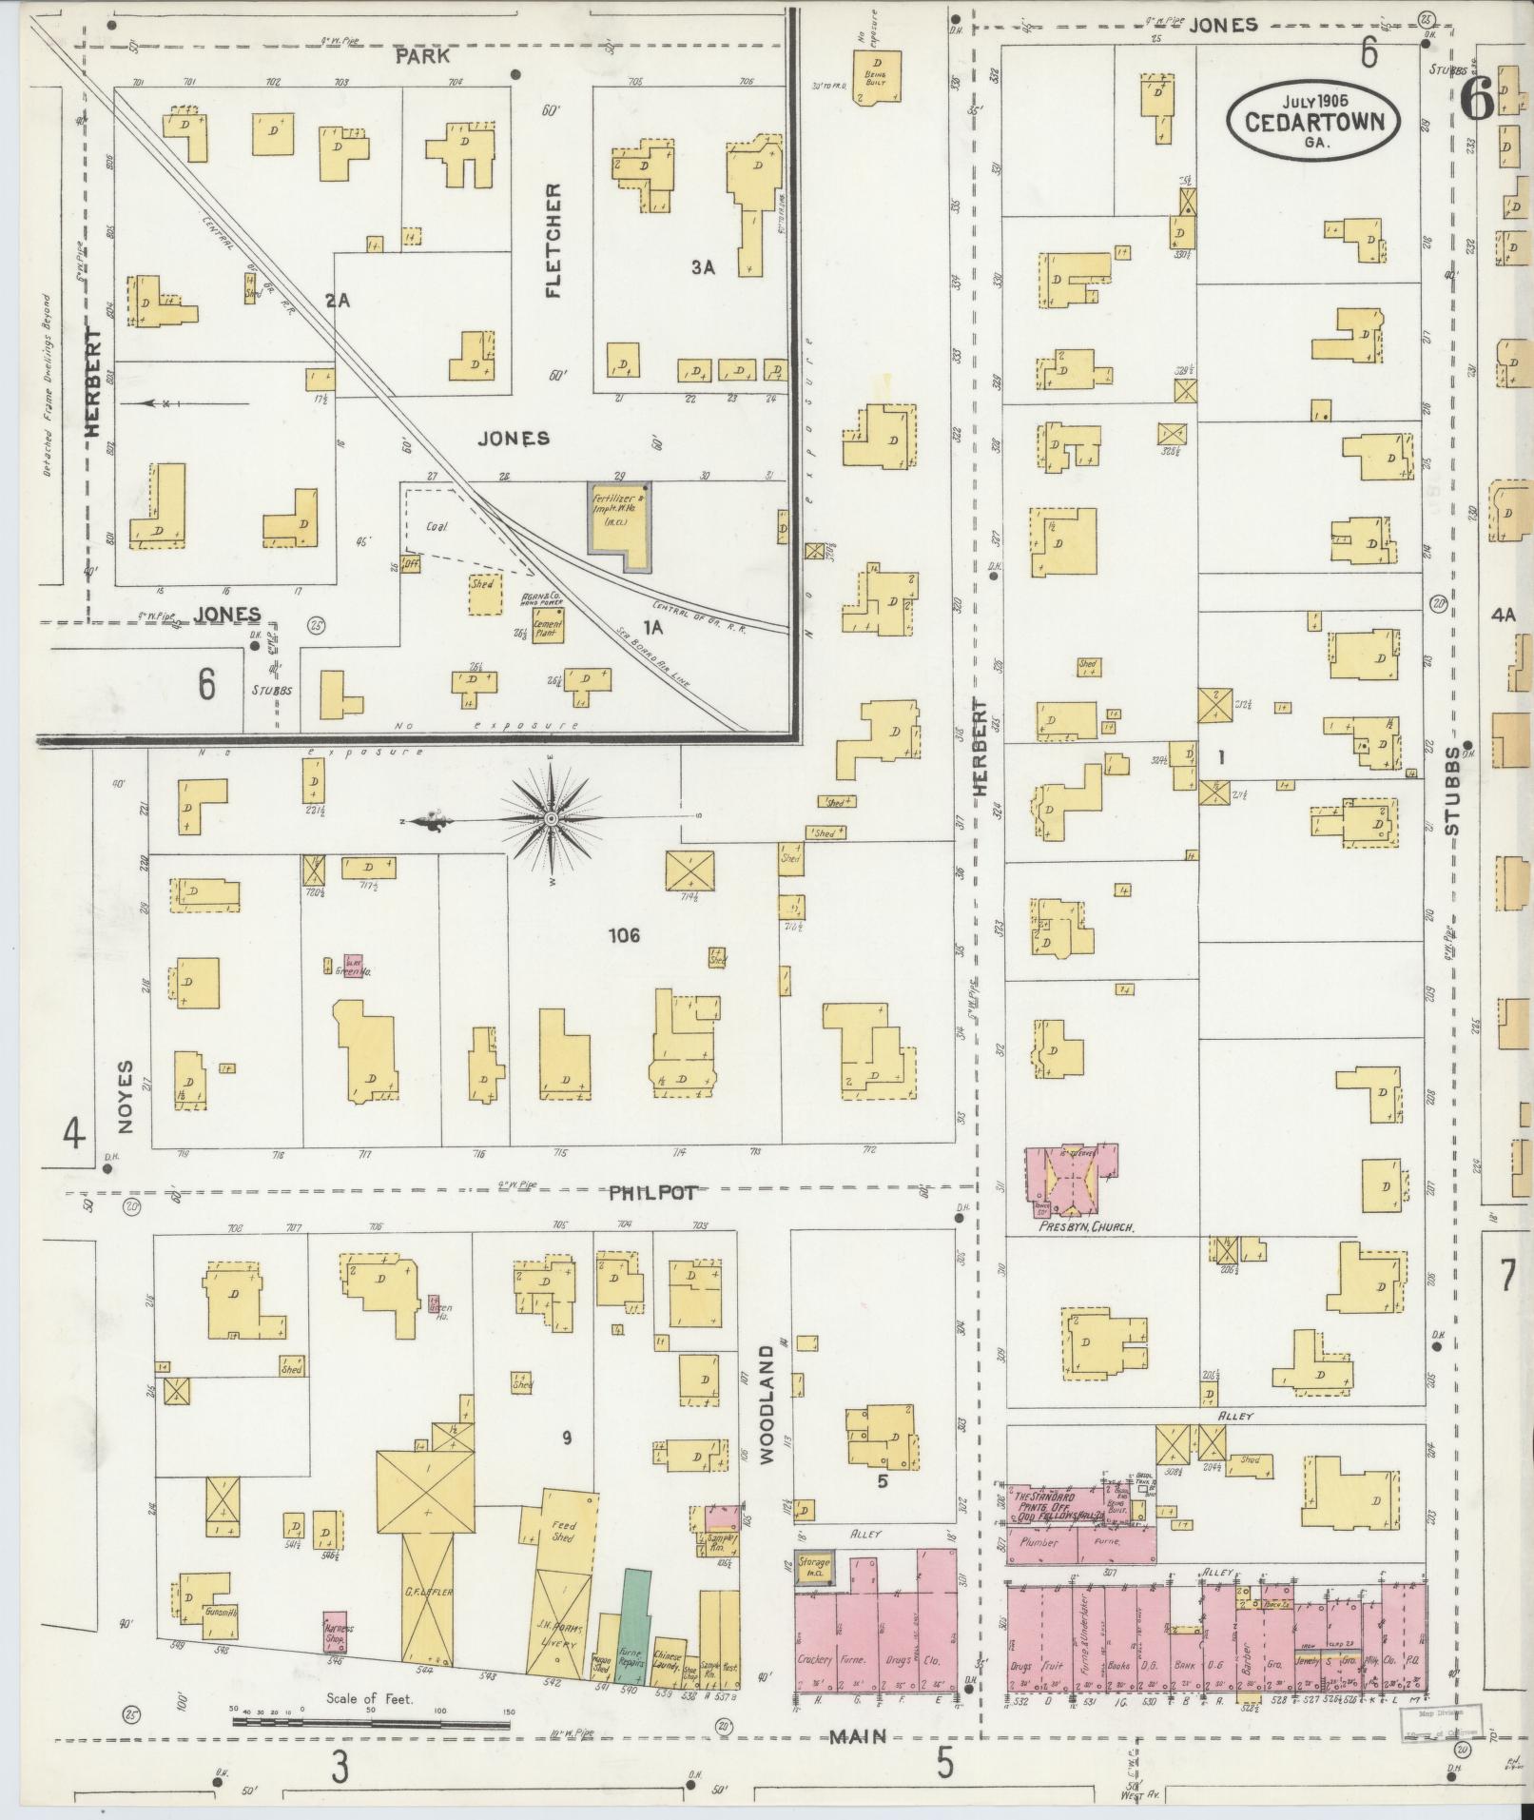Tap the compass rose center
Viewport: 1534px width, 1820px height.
click(x=551, y=818)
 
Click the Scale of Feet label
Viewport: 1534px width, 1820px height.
click(x=369, y=1698)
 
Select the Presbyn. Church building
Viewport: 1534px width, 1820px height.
click(x=1073, y=1180)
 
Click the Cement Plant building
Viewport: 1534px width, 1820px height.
click(x=548, y=629)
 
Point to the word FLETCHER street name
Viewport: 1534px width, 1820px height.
click(x=553, y=241)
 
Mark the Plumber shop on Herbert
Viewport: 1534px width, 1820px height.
click(x=1039, y=1542)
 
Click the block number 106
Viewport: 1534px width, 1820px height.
click(x=625, y=935)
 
